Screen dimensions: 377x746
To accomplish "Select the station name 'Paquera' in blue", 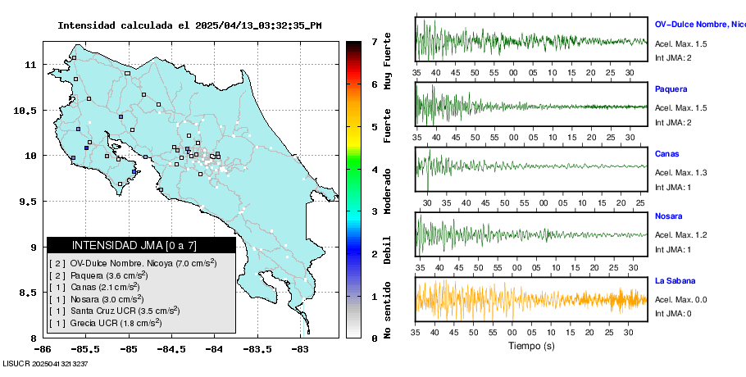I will (x=671, y=89).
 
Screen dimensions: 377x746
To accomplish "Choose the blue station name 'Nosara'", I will (x=669, y=216).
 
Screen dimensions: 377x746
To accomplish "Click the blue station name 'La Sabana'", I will (x=675, y=281).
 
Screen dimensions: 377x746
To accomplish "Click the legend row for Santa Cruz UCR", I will (x=114, y=311).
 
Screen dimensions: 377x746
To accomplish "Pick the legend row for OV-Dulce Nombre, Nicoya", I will (x=132, y=263).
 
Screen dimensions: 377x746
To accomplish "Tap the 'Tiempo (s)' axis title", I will (x=531, y=347).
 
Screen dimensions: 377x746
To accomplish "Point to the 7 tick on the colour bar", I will (x=374, y=41).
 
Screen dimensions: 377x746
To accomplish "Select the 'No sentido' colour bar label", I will (x=388, y=312).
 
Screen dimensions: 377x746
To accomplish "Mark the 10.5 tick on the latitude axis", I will (x=30, y=111).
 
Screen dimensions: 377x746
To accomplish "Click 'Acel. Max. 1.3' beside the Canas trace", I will (x=680, y=172).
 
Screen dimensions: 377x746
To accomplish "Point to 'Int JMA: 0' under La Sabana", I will (x=674, y=313).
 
